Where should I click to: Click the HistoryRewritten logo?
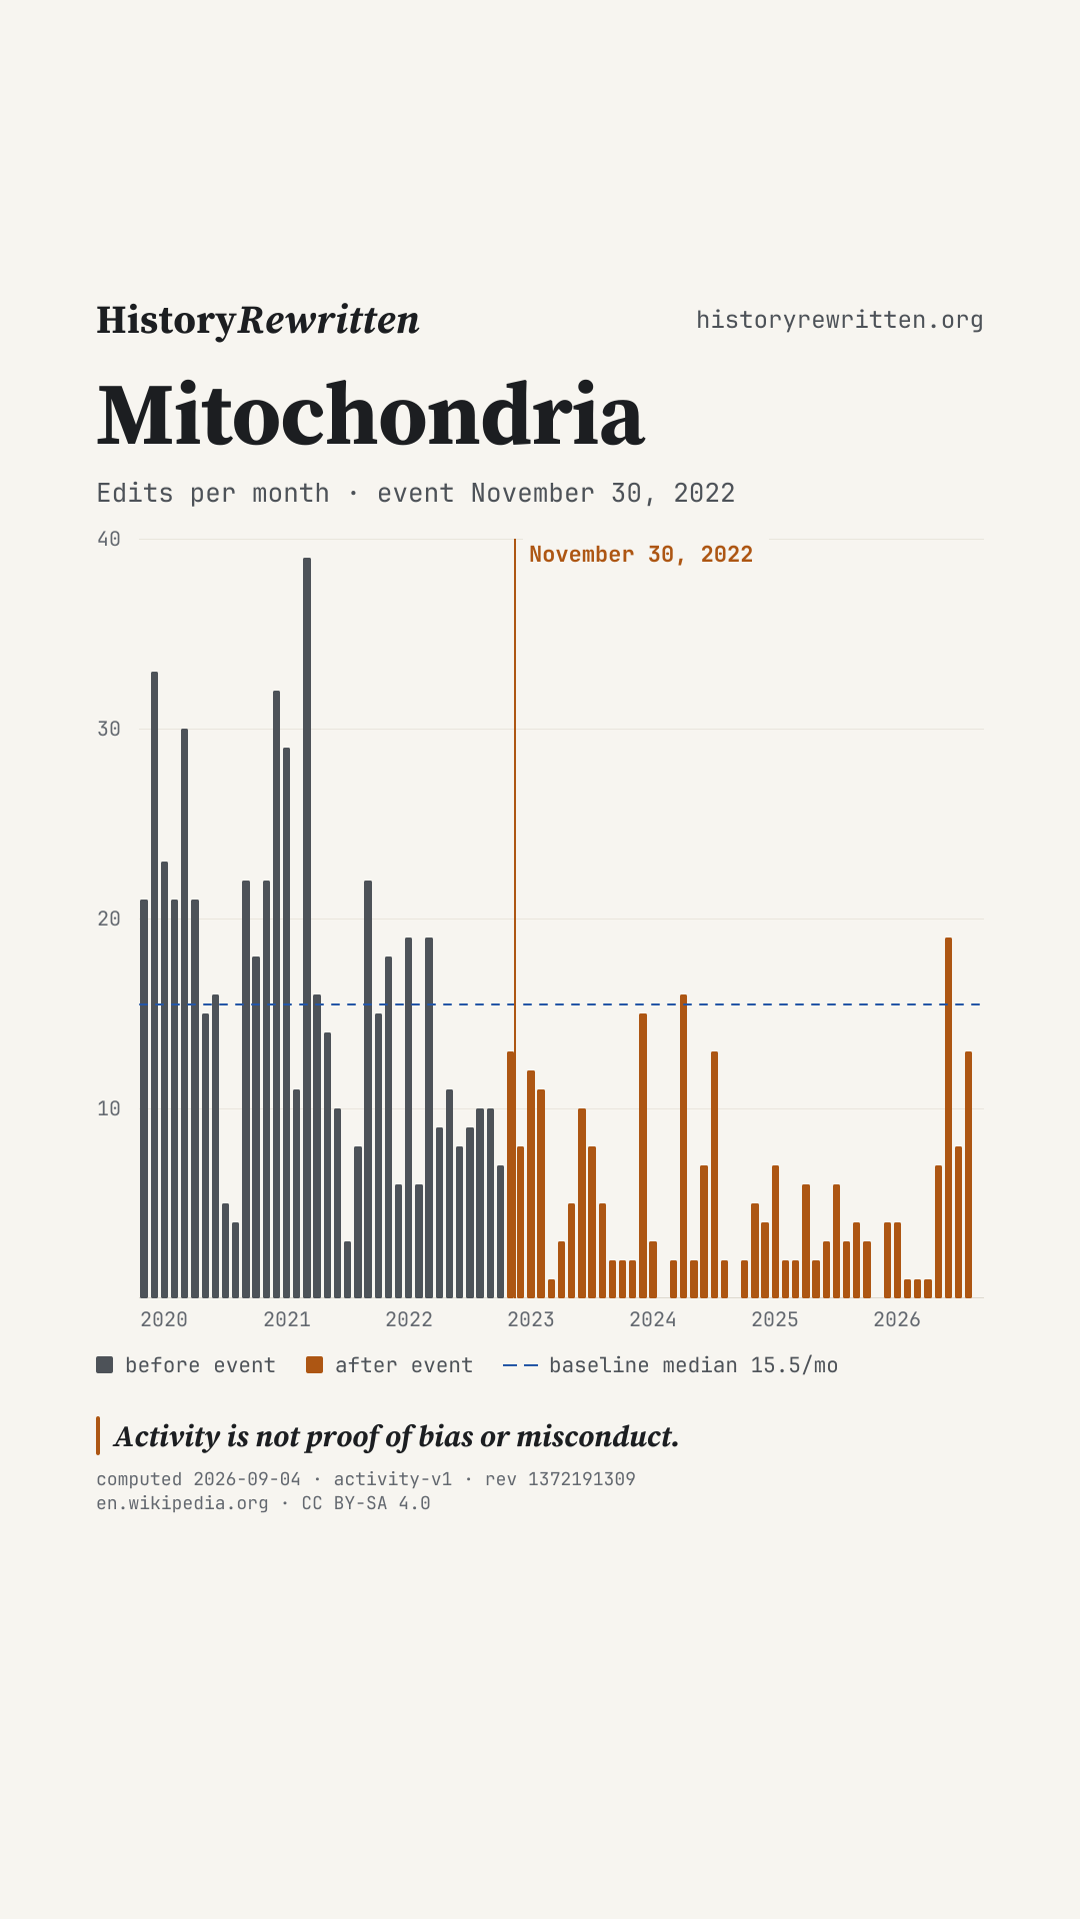tap(258, 321)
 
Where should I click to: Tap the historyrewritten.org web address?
tap(840, 320)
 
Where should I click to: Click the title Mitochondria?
tap(371, 415)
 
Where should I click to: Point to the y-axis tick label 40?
tap(109, 540)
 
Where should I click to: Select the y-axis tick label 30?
tap(109, 729)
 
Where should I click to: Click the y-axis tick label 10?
tap(109, 1108)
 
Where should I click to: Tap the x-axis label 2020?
tap(164, 1319)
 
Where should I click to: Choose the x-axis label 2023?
tap(531, 1319)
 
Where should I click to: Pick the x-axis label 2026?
tap(897, 1319)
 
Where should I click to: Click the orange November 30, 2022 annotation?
tap(641, 555)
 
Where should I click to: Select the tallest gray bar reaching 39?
tap(307, 928)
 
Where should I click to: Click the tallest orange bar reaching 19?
tap(948, 1117)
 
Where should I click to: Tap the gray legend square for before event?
tap(105, 1365)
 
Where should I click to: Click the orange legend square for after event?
tap(315, 1365)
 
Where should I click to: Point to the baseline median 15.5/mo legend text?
tap(694, 1365)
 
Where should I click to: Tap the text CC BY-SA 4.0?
tap(366, 1503)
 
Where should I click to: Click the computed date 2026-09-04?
tap(247, 1479)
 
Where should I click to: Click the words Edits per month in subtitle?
tap(213, 494)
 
